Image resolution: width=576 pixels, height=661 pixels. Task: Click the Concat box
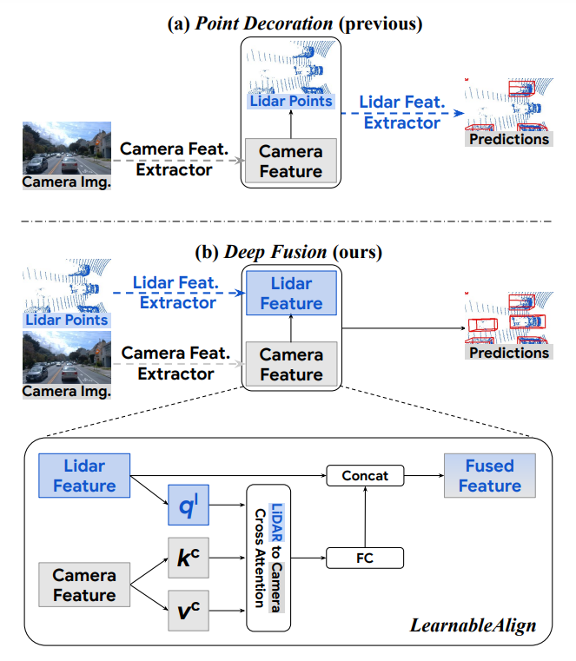(365, 475)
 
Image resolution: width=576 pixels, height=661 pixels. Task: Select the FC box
(365, 558)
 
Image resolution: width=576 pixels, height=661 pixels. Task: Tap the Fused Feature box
(490, 475)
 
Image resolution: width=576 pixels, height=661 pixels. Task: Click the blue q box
(189, 505)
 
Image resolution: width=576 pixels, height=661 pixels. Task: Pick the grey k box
(189, 558)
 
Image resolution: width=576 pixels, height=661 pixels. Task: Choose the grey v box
(189, 611)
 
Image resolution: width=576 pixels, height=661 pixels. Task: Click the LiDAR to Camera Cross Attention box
(268, 558)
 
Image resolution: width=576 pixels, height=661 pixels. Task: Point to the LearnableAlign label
(473, 625)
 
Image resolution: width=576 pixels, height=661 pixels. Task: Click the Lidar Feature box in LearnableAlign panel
(84, 475)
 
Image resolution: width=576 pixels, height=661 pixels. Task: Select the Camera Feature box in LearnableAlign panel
(84, 585)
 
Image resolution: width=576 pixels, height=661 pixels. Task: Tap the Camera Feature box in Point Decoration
(291, 161)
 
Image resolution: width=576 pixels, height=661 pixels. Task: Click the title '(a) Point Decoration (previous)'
(295, 23)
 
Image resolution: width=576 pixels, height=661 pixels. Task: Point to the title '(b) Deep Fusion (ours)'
(288, 252)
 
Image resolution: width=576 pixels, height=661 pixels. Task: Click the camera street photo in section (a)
(67, 148)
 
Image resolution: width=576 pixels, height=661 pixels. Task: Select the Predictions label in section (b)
(509, 353)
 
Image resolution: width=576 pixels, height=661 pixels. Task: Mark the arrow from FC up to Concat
(365, 517)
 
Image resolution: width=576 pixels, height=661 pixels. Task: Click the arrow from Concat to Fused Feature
(424, 475)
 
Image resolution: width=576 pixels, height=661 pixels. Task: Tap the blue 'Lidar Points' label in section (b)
(67, 320)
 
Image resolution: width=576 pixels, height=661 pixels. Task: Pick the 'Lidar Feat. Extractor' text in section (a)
(402, 112)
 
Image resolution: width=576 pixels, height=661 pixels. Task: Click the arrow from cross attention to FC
(308, 558)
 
